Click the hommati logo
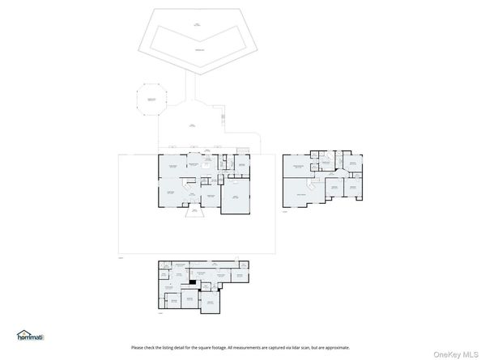coord(31,335)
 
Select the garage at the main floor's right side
coord(236,197)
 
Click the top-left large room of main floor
coord(172,168)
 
